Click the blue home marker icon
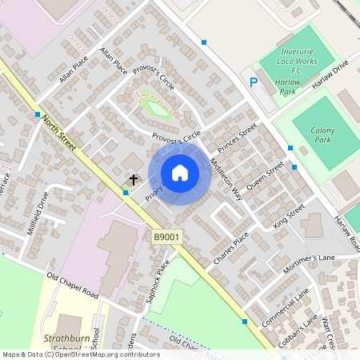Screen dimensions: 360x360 coord(180,173)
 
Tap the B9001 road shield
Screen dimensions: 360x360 coord(167,237)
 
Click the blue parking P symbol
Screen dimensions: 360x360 coord(254,82)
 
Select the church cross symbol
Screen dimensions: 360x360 coord(134,180)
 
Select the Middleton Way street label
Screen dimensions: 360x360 coord(225,174)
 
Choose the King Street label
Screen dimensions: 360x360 coord(289,217)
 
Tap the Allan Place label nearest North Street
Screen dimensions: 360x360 coord(74,70)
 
